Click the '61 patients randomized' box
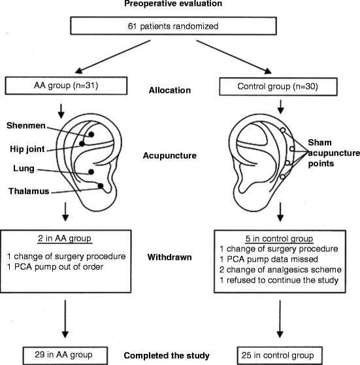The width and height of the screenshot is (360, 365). coord(179,27)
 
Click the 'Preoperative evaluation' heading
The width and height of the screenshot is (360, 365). coord(179,5)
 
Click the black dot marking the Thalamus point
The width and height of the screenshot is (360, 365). coord(101,186)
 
